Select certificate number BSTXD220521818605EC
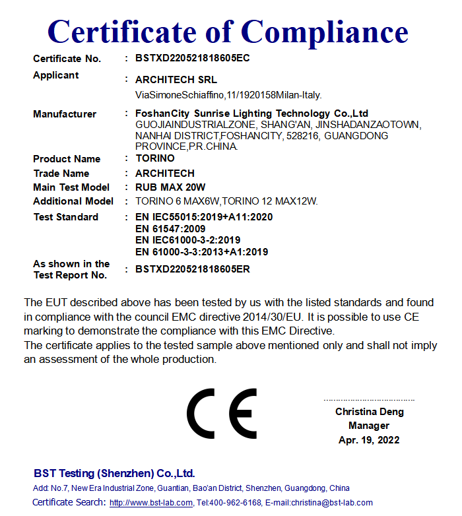tap(193, 58)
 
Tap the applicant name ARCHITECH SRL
tap(176, 80)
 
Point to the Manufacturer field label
tap(65, 114)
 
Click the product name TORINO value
tap(155, 158)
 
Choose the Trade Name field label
tap(61, 174)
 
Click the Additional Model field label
tap(73, 201)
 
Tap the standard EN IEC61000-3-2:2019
tap(188, 240)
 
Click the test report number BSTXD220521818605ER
tap(193, 269)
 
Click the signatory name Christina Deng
tap(370, 412)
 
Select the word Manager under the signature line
tap(370, 426)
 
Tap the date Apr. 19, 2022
tap(369, 440)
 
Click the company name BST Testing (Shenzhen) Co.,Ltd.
tap(114, 474)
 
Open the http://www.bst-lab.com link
tap(151, 503)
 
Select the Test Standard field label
tap(66, 217)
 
